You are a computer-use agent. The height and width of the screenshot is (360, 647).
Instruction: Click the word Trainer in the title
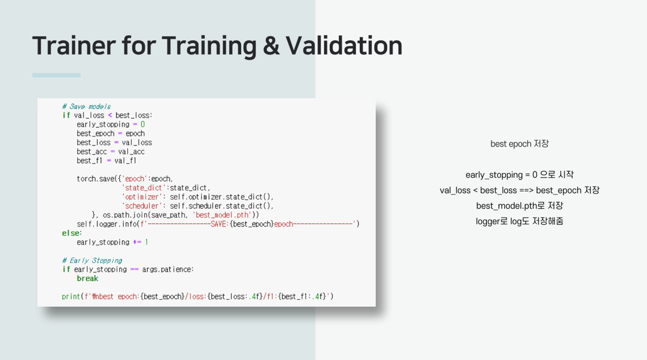click(x=74, y=45)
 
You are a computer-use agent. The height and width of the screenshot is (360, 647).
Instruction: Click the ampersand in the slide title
click(x=271, y=46)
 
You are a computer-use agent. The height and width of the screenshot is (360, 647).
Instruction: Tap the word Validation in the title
click(x=344, y=45)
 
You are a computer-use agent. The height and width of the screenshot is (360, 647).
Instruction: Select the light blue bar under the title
click(x=57, y=75)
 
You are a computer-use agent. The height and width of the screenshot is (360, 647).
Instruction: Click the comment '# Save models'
click(x=86, y=107)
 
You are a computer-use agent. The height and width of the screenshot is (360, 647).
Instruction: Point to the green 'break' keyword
click(x=87, y=279)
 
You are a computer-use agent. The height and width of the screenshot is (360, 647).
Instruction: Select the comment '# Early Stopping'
click(x=92, y=261)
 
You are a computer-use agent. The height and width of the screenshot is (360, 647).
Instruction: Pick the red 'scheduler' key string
click(x=142, y=206)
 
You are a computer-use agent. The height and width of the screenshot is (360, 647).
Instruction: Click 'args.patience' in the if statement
click(x=167, y=270)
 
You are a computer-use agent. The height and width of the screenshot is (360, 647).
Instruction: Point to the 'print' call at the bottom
click(x=70, y=296)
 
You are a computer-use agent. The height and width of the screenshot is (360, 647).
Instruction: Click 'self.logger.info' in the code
click(x=107, y=224)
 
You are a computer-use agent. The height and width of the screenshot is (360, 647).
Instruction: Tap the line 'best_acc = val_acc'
click(x=111, y=152)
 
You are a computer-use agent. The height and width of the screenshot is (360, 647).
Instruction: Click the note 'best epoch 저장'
click(x=519, y=144)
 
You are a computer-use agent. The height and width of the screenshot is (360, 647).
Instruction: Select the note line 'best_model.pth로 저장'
click(x=519, y=206)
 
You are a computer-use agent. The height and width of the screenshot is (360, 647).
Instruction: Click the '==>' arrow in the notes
click(x=526, y=190)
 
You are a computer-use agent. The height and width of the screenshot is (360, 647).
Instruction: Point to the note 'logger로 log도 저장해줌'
click(x=519, y=221)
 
